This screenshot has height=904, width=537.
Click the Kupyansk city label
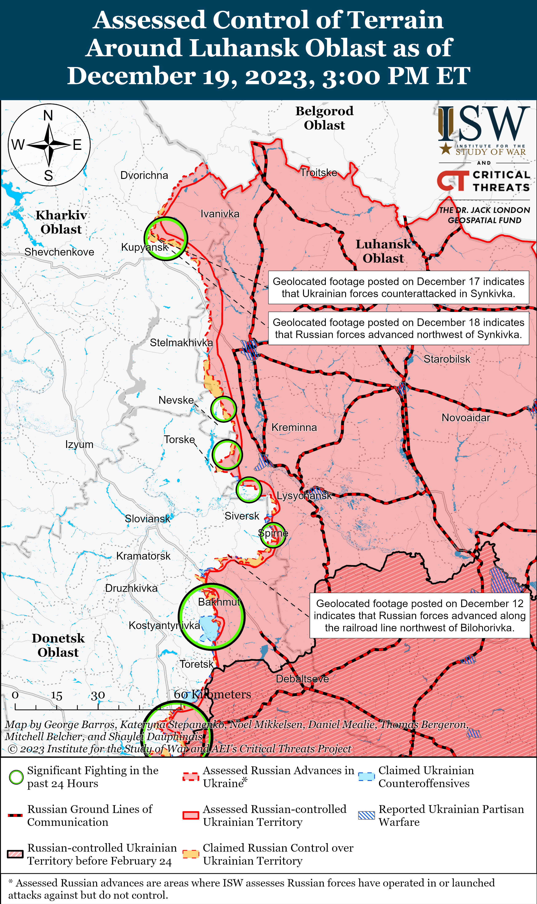pos(144,247)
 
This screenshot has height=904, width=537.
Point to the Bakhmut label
pos(219,602)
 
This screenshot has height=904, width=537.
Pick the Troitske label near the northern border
pos(318,173)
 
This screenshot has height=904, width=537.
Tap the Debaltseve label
pos(302,679)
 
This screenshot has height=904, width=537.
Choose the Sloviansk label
pos(147,519)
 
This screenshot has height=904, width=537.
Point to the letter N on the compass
pos(48,115)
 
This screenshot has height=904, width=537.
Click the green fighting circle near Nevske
pos(224,409)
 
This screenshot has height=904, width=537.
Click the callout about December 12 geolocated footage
pos(419,616)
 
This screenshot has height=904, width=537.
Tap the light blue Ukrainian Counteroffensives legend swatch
pos(366,777)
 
